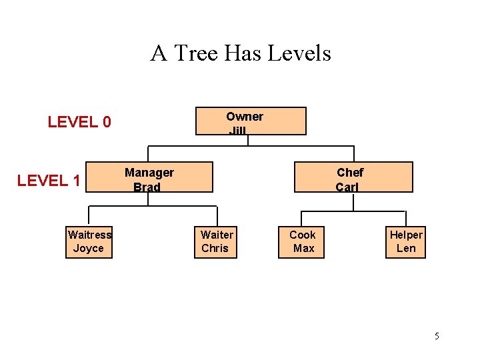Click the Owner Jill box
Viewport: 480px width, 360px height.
click(x=250, y=121)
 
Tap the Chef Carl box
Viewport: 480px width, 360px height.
click(x=353, y=177)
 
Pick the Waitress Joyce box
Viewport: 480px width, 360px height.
click(x=89, y=242)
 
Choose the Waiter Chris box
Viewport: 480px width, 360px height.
click(x=217, y=242)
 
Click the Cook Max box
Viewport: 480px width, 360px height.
click(x=301, y=242)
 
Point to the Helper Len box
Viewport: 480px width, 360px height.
click(x=406, y=242)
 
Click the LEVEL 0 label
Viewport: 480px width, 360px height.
click(x=79, y=122)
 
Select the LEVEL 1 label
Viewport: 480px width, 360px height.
click(x=49, y=181)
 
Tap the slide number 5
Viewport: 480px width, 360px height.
click(x=437, y=336)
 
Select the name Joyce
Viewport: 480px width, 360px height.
click(x=89, y=249)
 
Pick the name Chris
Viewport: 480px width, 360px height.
click(x=215, y=249)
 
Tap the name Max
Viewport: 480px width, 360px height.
click(x=303, y=249)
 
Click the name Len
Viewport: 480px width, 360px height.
click(x=406, y=249)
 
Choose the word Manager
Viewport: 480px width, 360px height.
click(x=149, y=173)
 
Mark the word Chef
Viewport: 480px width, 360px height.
click(x=350, y=173)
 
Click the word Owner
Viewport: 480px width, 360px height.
click(x=245, y=117)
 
